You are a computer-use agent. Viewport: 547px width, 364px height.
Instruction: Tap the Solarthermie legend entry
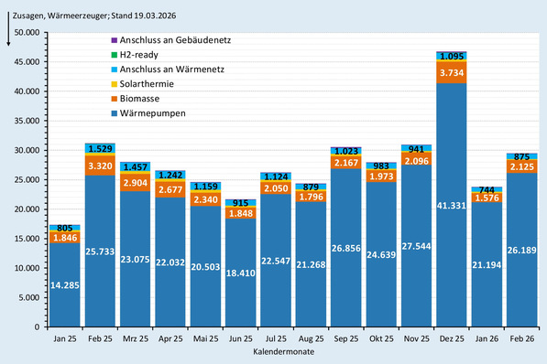point(150,83)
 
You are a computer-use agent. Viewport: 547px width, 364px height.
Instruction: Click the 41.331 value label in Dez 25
point(451,210)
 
